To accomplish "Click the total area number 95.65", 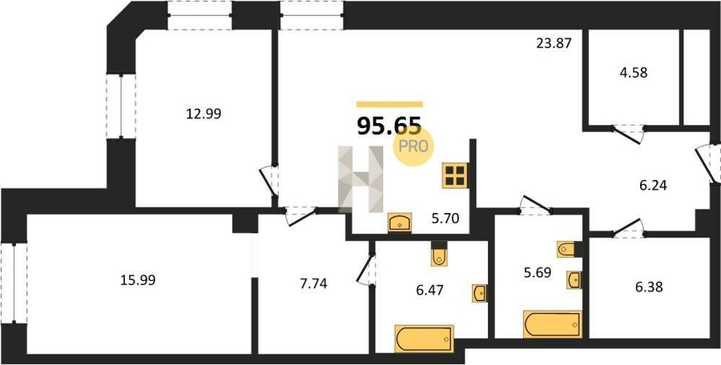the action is click(389, 126).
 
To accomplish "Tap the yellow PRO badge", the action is click(413, 146).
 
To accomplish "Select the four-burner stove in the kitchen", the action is click(455, 175).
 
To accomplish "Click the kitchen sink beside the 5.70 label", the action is click(400, 223).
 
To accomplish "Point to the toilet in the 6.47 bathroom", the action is click(439, 255).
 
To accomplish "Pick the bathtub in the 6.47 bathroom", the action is click(425, 339).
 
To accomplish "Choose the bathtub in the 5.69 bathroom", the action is click(553, 324).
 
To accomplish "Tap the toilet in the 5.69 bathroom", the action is click(566, 249).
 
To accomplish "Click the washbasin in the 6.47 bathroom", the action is click(480, 293).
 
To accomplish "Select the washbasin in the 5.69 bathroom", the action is click(574, 279).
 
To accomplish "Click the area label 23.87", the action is click(554, 43).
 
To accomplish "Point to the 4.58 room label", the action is click(633, 73).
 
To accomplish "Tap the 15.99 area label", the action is click(138, 280).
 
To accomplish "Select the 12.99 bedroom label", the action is click(203, 114).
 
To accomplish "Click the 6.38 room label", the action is click(649, 287).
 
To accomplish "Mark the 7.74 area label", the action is click(313, 284).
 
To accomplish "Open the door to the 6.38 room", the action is click(627, 228).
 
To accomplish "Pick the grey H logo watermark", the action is click(361, 179).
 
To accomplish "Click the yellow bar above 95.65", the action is click(389, 104).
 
